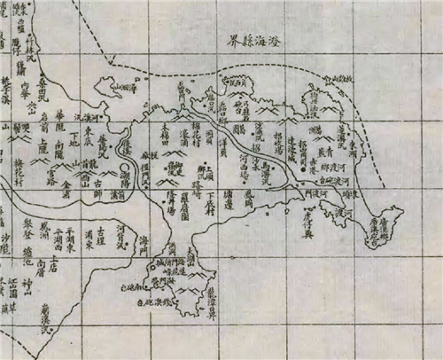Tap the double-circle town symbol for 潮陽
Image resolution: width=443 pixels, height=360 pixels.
click(125, 165)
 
